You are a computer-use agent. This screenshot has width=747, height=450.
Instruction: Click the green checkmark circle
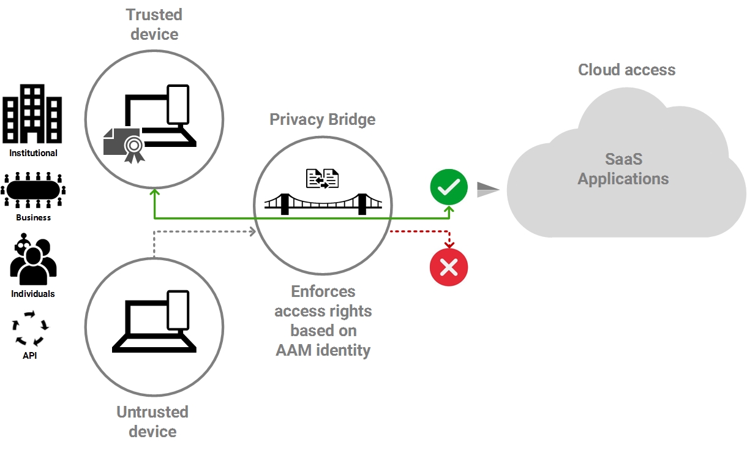click(x=449, y=188)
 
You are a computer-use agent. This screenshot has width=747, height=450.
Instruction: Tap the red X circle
click(x=449, y=267)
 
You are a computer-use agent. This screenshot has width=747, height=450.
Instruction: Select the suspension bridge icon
click(x=323, y=203)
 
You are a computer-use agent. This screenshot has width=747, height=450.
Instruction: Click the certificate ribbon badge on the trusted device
click(x=133, y=148)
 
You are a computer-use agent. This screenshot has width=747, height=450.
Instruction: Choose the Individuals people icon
click(x=33, y=260)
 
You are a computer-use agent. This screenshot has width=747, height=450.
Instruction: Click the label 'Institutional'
click(x=33, y=153)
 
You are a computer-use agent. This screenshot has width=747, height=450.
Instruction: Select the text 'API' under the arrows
click(x=29, y=355)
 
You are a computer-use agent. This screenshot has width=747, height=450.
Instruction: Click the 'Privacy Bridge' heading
click(x=323, y=119)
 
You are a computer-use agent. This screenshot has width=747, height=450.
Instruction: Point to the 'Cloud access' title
click(x=626, y=70)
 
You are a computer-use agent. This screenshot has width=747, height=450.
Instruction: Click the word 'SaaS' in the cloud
click(x=623, y=159)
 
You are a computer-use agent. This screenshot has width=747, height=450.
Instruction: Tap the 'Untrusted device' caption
click(x=152, y=421)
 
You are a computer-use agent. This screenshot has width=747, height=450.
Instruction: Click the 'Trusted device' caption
click(x=154, y=24)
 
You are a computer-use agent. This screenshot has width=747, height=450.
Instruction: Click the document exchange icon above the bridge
click(x=322, y=178)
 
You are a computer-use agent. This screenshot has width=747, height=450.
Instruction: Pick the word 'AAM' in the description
click(x=293, y=350)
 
